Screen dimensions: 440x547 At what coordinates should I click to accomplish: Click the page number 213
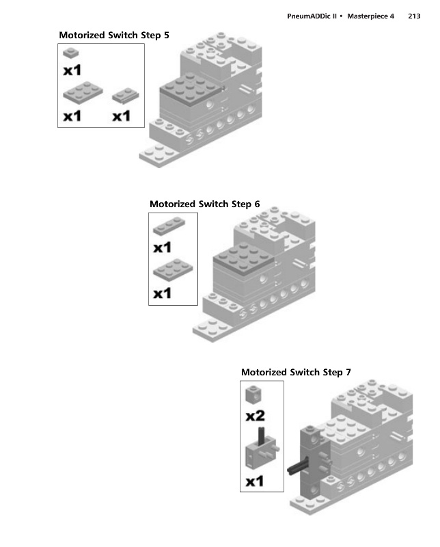pos(414,16)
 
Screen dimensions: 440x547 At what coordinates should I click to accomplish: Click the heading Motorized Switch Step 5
pos(114,36)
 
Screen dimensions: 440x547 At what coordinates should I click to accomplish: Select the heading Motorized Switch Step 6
pos(205,204)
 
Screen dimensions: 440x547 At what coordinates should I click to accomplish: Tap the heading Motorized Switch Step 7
pos(296,372)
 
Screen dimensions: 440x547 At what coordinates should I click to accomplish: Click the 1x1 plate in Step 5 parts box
pos(71,53)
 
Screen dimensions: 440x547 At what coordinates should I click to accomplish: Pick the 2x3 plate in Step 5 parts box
pos(83,93)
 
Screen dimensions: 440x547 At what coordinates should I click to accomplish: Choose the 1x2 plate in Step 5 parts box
pos(126,96)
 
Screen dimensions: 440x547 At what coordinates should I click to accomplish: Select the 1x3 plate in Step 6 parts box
pos(169,226)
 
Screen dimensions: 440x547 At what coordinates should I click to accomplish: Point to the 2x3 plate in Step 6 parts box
pos(173,269)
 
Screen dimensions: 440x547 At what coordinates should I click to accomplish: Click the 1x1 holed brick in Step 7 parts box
pos(253,395)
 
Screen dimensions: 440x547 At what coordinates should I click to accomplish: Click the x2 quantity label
pos(256,416)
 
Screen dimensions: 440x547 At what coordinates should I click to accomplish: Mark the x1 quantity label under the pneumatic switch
pos(255,481)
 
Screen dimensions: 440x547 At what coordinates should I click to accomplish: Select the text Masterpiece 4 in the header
pos(370,16)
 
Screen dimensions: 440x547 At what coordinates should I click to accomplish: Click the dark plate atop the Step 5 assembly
pos(191,90)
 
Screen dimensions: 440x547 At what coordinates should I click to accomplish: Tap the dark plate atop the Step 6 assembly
pos(243,258)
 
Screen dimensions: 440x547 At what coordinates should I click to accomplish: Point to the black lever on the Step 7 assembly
pos(299,466)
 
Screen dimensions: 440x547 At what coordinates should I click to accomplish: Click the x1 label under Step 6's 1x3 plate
pos(163,248)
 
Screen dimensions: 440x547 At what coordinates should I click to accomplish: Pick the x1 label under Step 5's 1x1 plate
pos(72,70)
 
